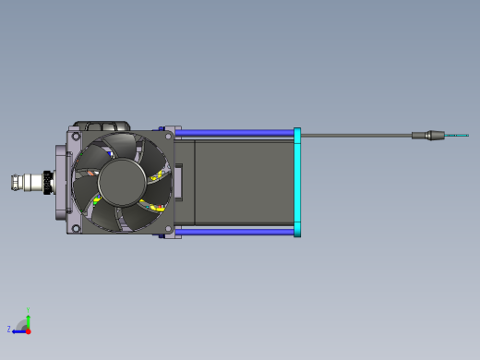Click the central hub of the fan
[x=122, y=182]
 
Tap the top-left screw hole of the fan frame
[x=76, y=136]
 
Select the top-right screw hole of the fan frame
[x=168, y=136]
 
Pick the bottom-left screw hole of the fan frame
[x=76, y=228]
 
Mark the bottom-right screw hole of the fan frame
[x=168, y=228]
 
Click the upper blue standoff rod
[x=234, y=133]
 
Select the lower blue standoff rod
[x=234, y=232]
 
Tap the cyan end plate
[x=297, y=182]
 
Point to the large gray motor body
[x=244, y=182]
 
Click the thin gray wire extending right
[x=356, y=135]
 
